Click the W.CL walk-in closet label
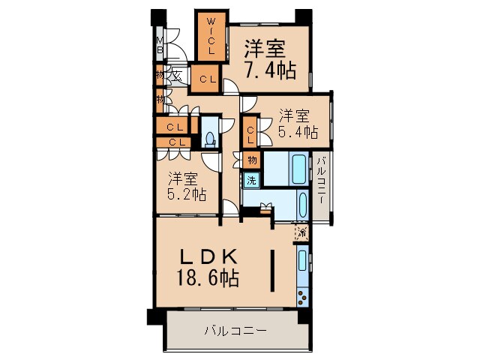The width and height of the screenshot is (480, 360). tap(211, 35)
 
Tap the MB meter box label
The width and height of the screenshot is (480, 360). tap(160, 46)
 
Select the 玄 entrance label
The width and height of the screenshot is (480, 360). tap(175, 75)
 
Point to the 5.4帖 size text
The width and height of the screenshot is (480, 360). tap(298, 131)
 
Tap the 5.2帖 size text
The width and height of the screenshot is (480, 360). tap(187, 194)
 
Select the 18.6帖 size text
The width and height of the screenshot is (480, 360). tap(208, 279)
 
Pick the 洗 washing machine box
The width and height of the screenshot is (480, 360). tap(251, 180)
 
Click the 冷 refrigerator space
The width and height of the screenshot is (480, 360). tap(301, 232)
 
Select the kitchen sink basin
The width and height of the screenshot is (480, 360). tap(301, 261)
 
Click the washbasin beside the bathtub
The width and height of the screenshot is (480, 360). tap(301, 203)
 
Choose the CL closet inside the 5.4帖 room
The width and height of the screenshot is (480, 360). tap(250, 135)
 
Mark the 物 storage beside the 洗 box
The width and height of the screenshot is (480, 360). tap(251, 160)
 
